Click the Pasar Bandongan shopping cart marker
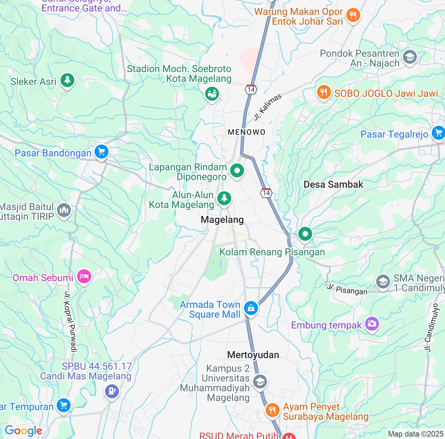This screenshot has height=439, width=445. (x=101, y=152)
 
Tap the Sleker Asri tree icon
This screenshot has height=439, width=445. (x=67, y=80)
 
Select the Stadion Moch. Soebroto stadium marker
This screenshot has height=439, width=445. (x=212, y=93)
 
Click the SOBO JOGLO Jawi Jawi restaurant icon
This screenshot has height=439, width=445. (x=324, y=92)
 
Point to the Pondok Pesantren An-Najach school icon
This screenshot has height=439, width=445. (x=410, y=57)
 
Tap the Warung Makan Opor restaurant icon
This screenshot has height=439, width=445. (x=353, y=15)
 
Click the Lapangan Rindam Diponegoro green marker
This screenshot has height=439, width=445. (x=237, y=171)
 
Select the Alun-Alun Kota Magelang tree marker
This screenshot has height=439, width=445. (x=224, y=198)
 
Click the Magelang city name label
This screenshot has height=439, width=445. (x=222, y=219)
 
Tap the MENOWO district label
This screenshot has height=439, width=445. (x=246, y=132)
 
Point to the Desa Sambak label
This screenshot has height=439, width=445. (x=333, y=184)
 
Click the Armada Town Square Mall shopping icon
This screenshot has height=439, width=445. (x=251, y=308)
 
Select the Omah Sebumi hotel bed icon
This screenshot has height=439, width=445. (x=84, y=277)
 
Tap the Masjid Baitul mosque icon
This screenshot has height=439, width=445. (x=64, y=210)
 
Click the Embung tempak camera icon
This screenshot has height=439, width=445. (x=372, y=324)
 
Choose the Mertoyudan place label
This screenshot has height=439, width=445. (x=253, y=355)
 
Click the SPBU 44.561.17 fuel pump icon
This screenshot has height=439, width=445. (x=112, y=391)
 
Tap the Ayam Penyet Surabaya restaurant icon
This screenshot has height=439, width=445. (x=272, y=410)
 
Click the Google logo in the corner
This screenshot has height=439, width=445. (x=23, y=431)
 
